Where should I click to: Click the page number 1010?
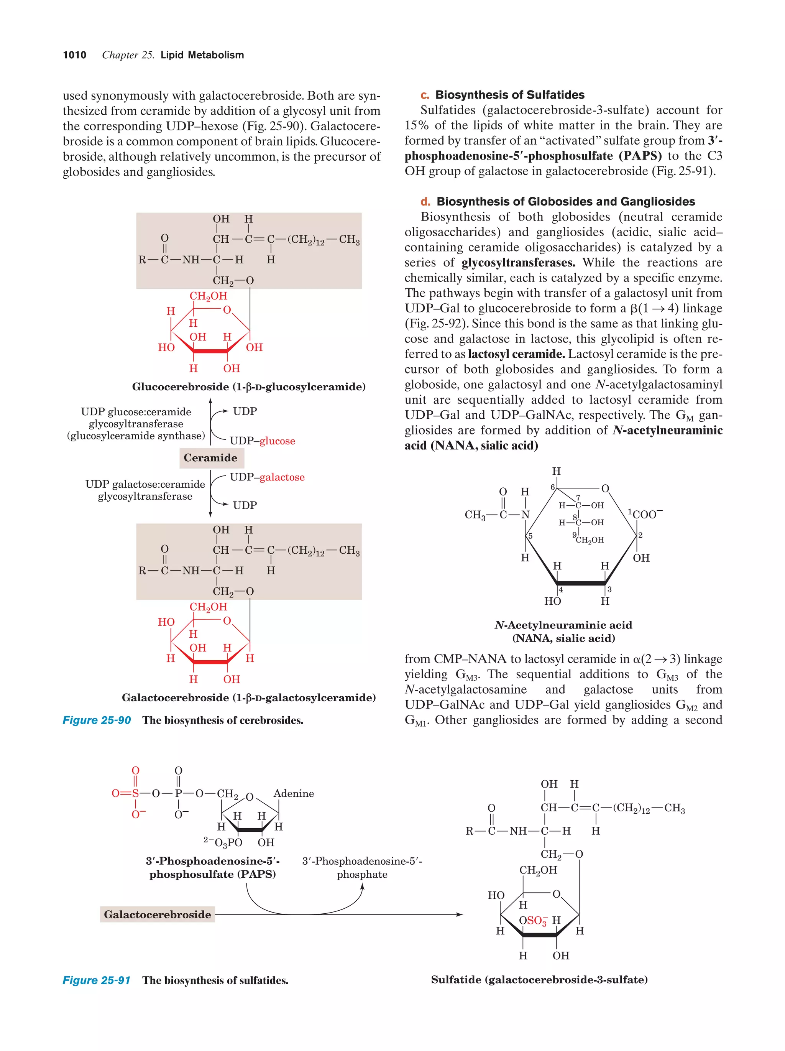pyautogui.click(x=75, y=55)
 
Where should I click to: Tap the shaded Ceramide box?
pyautogui.click(x=210, y=457)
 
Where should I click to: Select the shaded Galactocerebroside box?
pyautogui.click(x=157, y=914)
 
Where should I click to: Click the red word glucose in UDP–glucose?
pyautogui.click(x=278, y=441)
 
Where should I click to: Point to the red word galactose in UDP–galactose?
pyautogui.click(x=282, y=477)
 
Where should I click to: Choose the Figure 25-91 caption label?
pyautogui.click(x=97, y=980)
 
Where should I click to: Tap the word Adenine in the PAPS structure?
pyautogui.click(x=294, y=793)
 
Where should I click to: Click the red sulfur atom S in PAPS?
pyautogui.click(x=135, y=793)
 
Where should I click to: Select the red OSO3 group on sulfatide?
pyautogui.click(x=533, y=920)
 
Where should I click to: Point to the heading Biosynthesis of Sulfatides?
pyautogui.click(x=509, y=95)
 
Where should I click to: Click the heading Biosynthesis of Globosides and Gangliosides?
pyautogui.click(x=565, y=201)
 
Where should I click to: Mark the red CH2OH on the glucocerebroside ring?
pyautogui.click(x=209, y=296)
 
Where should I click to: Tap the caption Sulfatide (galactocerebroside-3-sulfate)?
pyautogui.click(x=539, y=979)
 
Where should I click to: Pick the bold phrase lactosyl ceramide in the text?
pyautogui.click(x=516, y=354)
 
